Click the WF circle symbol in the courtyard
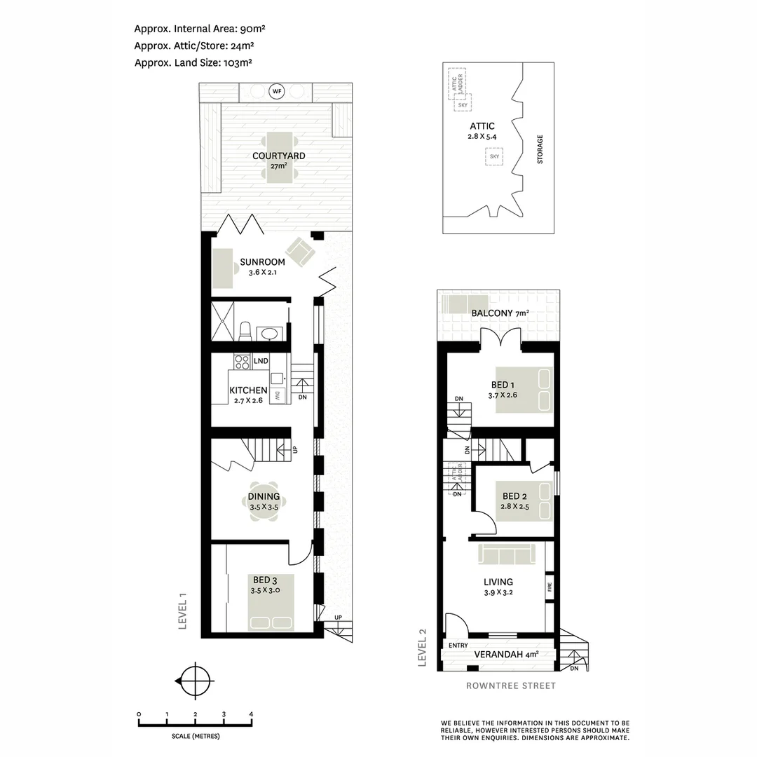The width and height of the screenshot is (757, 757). tap(277, 92)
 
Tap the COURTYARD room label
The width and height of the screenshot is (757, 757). tap(279, 155)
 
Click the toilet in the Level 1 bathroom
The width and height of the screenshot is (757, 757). tap(245, 330)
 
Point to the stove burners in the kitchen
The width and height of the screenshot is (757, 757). tap(242, 362)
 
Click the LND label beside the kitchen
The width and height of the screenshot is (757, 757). tap(261, 361)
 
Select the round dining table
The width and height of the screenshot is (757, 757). tap(263, 502)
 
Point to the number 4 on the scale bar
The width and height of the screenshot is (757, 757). tap(251, 714)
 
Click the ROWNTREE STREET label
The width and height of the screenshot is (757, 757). tap(510, 686)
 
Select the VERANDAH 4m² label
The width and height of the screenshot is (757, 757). tap(506, 655)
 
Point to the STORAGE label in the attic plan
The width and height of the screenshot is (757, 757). tap(540, 149)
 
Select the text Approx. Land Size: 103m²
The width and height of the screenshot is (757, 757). tap(193, 62)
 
